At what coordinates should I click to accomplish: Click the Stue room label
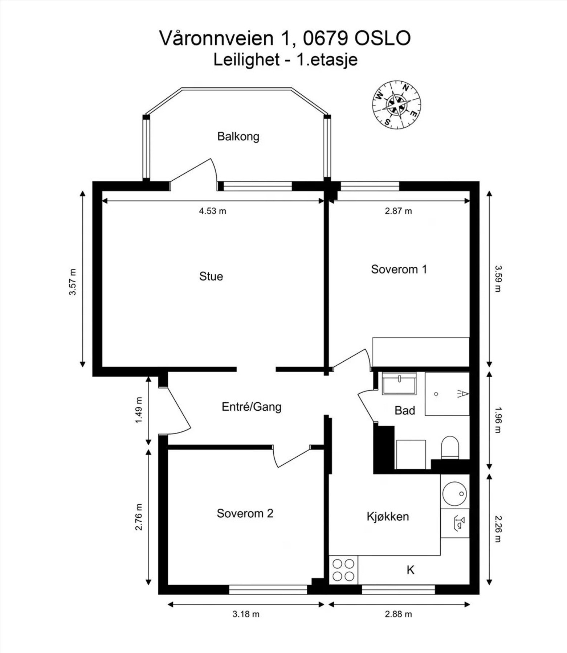211,276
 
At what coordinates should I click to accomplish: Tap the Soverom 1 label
399,269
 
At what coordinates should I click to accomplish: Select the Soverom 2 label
245,513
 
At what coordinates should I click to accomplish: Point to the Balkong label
238,137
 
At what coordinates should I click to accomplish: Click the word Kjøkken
388,516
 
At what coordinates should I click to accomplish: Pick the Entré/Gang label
252,407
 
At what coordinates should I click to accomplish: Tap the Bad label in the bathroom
404,411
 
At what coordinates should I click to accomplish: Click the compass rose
396,104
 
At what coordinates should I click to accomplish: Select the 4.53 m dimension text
212,211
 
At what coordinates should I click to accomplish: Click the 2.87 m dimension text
398,211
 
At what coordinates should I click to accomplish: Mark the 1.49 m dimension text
139,410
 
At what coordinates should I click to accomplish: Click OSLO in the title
382,38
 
